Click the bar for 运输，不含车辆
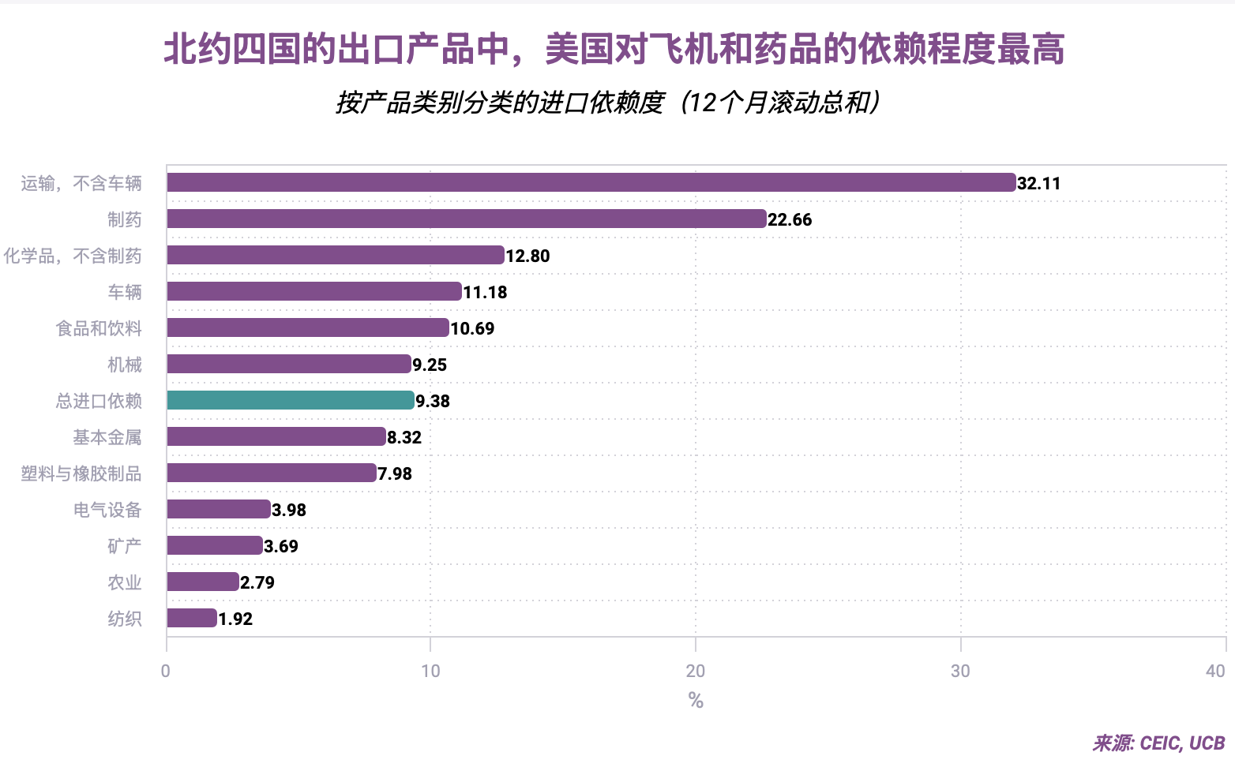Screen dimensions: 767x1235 pyautogui.click(x=591, y=182)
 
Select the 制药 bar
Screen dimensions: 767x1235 pyautogui.click(x=466, y=219)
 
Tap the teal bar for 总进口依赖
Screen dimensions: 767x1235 pyautogui.click(x=290, y=400)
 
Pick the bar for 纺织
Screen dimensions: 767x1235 pyautogui.click(x=192, y=618)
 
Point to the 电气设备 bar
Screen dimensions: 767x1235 pyautogui.click(x=219, y=509)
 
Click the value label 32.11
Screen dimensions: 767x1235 pyautogui.click(x=1038, y=183)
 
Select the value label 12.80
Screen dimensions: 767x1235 pyautogui.click(x=527, y=256)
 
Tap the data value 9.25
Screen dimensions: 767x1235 pyautogui.click(x=430, y=365)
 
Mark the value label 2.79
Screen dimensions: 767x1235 pyautogui.click(x=257, y=582)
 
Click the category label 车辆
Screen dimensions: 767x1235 pyautogui.click(x=125, y=292)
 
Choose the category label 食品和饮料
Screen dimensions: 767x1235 pyautogui.click(x=99, y=328)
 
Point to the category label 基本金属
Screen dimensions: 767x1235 pyautogui.click(x=107, y=437)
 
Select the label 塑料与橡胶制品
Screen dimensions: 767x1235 pyautogui.click(x=81, y=473)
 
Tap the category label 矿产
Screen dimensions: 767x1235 pyautogui.click(x=125, y=546)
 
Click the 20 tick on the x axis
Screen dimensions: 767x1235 pyautogui.click(x=695, y=671)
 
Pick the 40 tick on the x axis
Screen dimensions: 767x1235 pyautogui.click(x=1215, y=671)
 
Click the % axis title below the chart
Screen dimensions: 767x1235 pyautogui.click(x=696, y=700)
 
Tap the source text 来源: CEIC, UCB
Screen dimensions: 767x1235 pyautogui.click(x=1158, y=743)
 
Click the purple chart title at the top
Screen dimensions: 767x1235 pyautogui.click(x=614, y=49)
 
